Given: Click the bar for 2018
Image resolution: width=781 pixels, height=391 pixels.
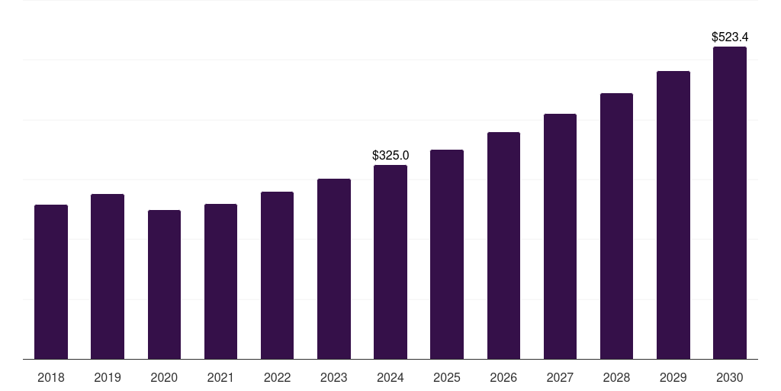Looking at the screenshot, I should [51, 282].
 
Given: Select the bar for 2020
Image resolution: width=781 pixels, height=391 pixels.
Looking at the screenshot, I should [164, 284].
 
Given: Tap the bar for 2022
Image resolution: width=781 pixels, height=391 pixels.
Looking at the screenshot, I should [277, 275].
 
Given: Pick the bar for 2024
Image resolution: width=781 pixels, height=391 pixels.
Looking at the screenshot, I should [390, 262].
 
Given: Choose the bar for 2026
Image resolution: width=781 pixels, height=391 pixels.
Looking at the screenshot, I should [503, 245].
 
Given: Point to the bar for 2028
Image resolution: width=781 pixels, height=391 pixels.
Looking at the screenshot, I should [616, 226].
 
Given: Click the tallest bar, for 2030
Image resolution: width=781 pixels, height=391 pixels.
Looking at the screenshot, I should [730, 202].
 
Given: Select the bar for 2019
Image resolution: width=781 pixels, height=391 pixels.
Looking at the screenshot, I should [108, 276].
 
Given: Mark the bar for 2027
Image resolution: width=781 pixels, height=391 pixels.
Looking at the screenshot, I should [560, 236].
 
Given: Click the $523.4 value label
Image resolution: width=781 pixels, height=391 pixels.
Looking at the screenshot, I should [730, 37].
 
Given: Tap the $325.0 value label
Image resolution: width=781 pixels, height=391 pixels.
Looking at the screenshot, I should [390, 155].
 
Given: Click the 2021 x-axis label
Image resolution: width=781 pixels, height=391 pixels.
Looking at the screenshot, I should [220, 377].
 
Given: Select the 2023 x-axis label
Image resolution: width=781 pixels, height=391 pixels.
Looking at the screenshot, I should [334, 377].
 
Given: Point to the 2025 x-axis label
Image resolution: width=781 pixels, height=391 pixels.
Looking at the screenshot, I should [447, 377].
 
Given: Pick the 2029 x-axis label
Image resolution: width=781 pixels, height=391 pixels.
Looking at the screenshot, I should [673, 377].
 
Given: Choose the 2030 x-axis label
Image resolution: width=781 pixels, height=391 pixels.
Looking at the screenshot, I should [730, 377].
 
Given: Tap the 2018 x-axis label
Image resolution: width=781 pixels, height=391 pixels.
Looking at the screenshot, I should [51, 377].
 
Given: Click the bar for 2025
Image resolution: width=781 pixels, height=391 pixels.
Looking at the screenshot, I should [447, 254].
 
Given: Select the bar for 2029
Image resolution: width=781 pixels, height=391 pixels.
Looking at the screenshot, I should [673, 215].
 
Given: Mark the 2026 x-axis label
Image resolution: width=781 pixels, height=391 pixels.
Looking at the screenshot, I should [503, 377].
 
